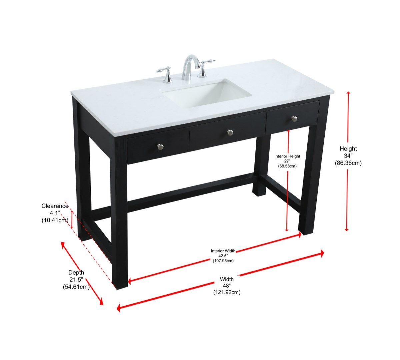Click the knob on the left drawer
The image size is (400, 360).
(160, 146)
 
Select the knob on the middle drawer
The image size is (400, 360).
(230, 132)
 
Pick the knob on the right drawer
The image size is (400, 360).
(294, 119)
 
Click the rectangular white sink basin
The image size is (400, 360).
(206, 93)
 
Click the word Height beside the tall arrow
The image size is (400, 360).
(348, 148)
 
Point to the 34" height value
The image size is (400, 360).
(348, 156)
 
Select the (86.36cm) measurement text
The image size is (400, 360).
(348, 163)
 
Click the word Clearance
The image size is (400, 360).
(55, 206)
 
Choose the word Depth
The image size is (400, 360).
(76, 272)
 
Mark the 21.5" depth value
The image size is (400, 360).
(76, 280)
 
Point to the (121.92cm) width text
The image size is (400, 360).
(227, 292)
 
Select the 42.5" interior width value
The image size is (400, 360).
(223, 256)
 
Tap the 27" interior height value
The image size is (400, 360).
(287, 161)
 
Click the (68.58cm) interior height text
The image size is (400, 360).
(287, 166)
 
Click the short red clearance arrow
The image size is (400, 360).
(72, 220)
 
